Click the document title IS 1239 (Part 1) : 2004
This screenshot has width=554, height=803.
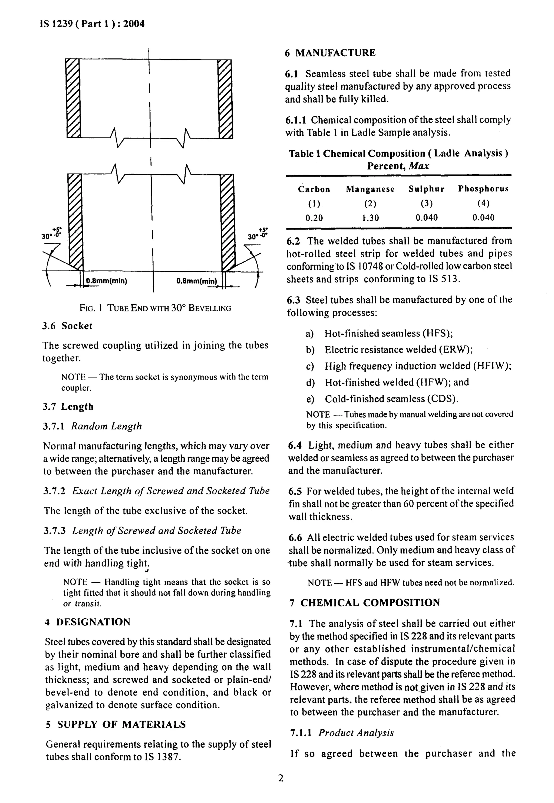click(x=92, y=24)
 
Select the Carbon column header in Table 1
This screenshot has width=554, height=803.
click(x=314, y=189)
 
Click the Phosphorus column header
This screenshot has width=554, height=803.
click(x=483, y=189)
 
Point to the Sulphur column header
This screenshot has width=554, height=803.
click(x=426, y=189)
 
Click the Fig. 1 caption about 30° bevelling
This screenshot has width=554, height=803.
click(x=155, y=308)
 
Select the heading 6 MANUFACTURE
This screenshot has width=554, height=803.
click(x=330, y=53)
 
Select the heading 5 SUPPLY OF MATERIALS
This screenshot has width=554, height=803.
click(x=116, y=724)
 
